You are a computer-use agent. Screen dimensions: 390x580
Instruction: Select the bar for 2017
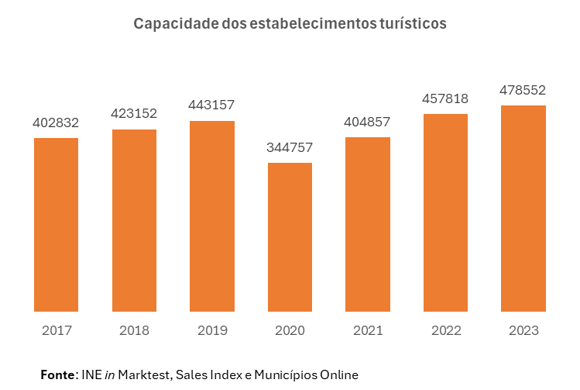(57, 225)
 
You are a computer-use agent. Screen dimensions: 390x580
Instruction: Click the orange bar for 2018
(134, 220)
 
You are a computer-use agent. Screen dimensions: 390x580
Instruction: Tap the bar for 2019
(212, 216)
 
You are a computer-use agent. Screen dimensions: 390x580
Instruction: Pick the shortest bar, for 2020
(290, 237)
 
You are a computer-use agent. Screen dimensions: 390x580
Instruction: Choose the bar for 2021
(368, 225)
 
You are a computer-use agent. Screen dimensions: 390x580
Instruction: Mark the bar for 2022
(445, 213)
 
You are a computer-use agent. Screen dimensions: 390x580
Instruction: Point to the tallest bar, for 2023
(523, 209)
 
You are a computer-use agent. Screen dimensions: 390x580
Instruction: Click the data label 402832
(57, 123)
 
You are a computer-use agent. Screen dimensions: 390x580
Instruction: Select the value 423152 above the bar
(134, 113)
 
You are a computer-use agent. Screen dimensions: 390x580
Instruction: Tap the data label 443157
(212, 105)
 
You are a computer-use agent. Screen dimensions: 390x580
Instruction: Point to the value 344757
(290, 147)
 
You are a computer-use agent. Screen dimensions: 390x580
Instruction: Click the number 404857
(368, 122)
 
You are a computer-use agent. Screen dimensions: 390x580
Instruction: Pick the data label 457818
(445, 98)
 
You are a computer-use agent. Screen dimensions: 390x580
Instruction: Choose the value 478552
(523, 90)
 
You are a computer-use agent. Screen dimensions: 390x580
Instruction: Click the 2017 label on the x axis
(57, 331)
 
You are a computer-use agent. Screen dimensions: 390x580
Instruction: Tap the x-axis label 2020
(290, 331)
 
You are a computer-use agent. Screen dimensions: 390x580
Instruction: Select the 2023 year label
(523, 331)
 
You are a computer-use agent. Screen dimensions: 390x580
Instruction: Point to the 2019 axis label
(212, 331)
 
